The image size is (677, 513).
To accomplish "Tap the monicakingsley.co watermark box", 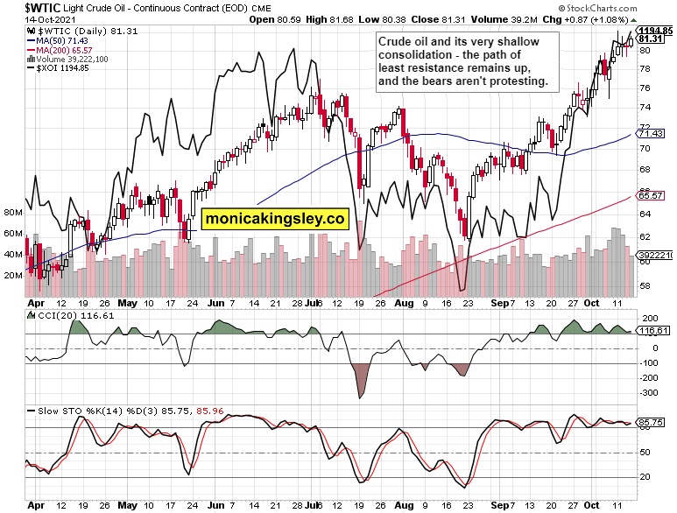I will pos(275,219).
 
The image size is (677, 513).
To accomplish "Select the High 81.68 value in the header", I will pos(331,18).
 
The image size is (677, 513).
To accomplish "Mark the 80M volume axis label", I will pos(12,212).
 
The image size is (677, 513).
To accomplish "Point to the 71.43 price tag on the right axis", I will pos(650,133).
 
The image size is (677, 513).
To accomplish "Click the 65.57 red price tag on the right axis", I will pos(650,195).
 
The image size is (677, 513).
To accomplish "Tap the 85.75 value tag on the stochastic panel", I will pos(650,422).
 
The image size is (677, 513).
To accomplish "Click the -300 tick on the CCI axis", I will pos(649,393).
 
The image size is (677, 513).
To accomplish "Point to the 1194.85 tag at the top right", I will pos(654,31).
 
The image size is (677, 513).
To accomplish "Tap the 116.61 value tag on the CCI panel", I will pos(650,331).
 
